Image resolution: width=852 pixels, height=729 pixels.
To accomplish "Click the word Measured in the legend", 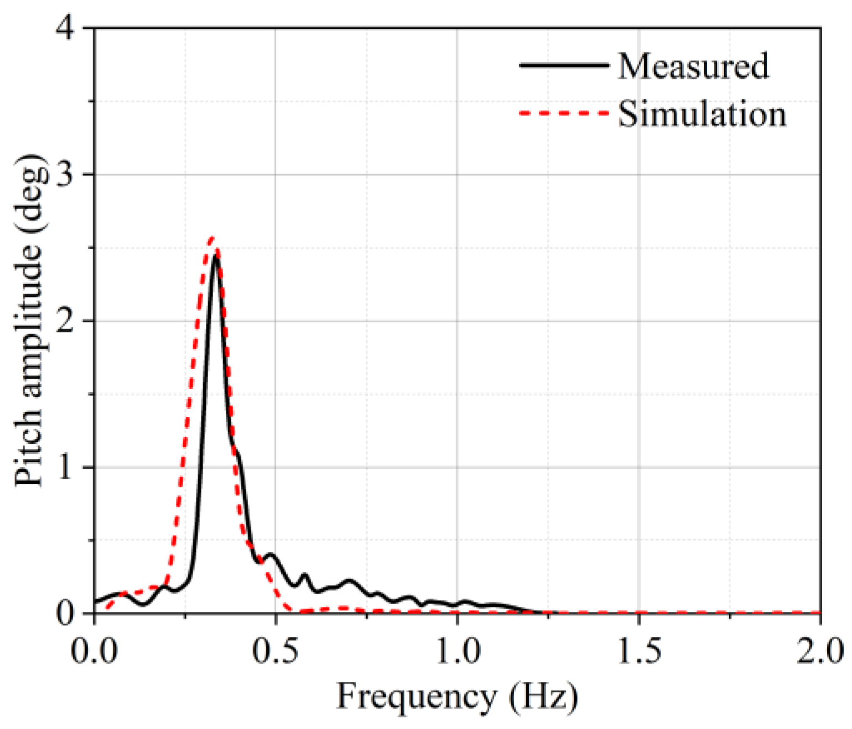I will pyautogui.click(x=693, y=66).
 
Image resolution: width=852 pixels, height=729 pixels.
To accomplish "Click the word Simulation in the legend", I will pyautogui.click(x=702, y=114).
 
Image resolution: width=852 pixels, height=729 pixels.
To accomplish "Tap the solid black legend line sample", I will pyautogui.click(x=564, y=65).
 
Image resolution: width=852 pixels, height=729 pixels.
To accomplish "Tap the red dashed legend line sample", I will pyautogui.click(x=564, y=114).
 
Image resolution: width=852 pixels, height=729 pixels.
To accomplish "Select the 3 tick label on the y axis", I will pyautogui.click(x=68, y=175).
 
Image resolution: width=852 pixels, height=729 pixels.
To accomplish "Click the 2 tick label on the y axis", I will pyautogui.click(x=68, y=322).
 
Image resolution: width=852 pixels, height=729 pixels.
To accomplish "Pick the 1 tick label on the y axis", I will pyautogui.click(x=68, y=468).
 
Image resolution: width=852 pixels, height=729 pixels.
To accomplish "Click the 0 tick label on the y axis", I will pyautogui.click(x=68, y=614).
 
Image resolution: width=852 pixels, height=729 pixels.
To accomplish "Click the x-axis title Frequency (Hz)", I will pyautogui.click(x=457, y=697).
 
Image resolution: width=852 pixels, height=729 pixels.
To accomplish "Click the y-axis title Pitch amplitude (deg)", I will pyautogui.click(x=29, y=322).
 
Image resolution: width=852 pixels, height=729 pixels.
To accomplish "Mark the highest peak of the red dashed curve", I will pyautogui.click(x=211, y=237).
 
